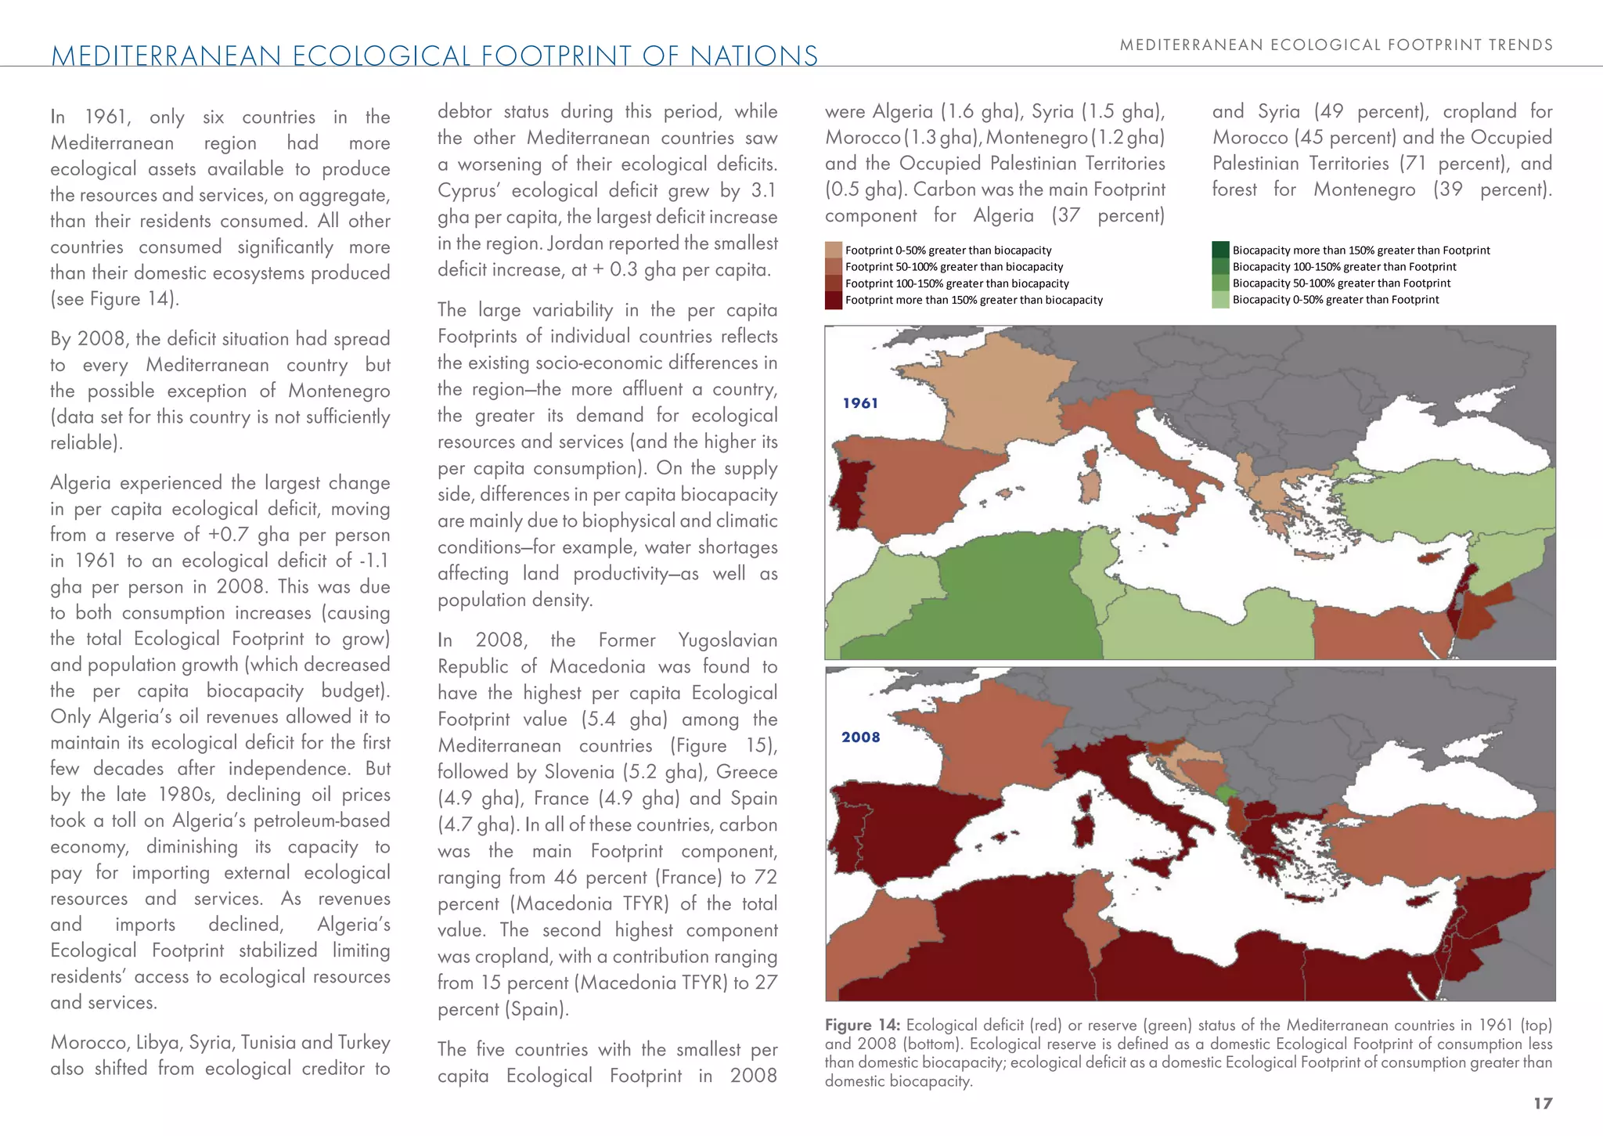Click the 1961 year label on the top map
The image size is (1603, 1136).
point(860,403)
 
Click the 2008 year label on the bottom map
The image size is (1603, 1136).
point(860,737)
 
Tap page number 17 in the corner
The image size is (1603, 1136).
point(1542,1103)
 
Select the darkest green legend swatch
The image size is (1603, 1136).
point(1220,250)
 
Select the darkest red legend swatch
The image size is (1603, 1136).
point(834,300)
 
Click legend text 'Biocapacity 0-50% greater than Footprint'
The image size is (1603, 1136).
point(1335,300)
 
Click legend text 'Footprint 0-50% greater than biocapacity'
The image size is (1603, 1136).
point(948,251)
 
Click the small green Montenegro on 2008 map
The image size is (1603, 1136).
point(1226,795)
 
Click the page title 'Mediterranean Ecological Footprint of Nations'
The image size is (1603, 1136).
point(434,56)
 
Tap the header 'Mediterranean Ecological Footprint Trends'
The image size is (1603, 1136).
point(1336,45)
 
